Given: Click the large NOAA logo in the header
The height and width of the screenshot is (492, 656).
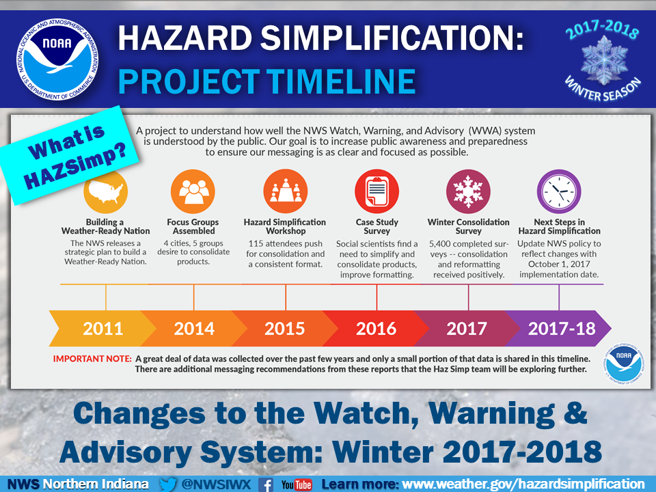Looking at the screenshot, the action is coord(57,59).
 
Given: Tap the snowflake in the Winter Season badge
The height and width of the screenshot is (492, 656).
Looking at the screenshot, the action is coord(604,60).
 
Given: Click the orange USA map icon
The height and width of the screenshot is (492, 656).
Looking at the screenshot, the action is coord(105,191).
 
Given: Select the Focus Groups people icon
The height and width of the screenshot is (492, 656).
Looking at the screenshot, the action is coord(193,191).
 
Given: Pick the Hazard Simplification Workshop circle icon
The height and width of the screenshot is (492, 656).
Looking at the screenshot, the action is coord(286,191).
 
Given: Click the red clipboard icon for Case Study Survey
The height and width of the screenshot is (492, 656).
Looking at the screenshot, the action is coord(377,191).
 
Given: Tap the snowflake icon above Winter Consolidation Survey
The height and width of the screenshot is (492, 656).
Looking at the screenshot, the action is coord(468,191).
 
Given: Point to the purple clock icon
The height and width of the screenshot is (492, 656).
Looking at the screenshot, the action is coord(559,191).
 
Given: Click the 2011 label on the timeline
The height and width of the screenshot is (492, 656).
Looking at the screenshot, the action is coord(103,329).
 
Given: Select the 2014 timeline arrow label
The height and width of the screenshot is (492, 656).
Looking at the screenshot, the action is coord(194,329).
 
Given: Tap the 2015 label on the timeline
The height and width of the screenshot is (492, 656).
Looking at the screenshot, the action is coord(284,329).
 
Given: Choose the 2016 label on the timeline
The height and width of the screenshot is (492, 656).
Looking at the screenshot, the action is coord(376,329).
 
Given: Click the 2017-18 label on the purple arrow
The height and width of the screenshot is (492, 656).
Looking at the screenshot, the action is coord(562,329).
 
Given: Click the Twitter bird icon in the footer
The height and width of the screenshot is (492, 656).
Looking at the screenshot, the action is coord(168,484).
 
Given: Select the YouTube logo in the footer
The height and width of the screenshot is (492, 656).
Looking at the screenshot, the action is coord(297,485).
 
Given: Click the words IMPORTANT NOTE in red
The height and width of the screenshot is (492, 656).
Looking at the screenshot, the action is coord(92,359).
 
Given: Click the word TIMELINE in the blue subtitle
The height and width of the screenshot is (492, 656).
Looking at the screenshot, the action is coord(340,81).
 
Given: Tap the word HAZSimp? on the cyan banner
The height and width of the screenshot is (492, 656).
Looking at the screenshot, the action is coord(75,166).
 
